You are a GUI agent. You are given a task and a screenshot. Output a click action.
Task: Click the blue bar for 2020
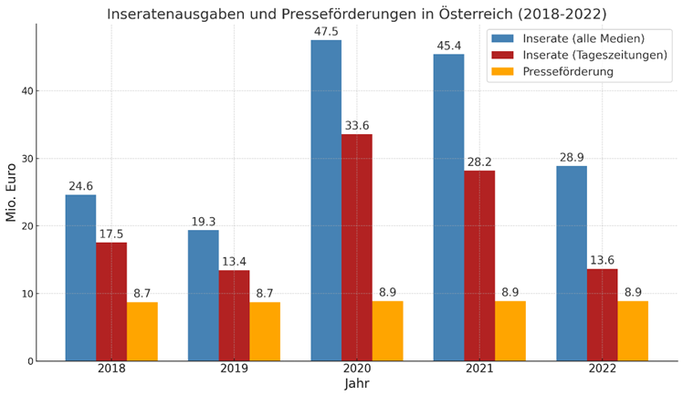coord(326,201)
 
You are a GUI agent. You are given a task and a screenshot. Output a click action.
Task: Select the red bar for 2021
coord(479,266)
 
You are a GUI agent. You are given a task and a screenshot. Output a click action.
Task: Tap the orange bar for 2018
coord(142,331)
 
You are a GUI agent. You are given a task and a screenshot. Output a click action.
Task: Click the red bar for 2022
coord(602,315)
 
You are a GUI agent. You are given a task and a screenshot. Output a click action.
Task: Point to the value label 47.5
coord(326,32)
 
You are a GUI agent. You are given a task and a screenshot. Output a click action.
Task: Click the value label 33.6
coord(357,126)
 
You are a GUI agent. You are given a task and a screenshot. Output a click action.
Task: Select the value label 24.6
coord(80,187)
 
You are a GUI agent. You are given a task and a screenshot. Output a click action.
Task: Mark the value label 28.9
coord(572,158)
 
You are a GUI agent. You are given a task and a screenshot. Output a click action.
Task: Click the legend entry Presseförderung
coord(568,71)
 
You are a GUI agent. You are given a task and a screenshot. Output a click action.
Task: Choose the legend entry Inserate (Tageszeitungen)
coord(594,55)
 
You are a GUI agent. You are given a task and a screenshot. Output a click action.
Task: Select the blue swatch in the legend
coord(503,38)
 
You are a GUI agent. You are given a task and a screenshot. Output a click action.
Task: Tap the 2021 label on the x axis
coord(479,369)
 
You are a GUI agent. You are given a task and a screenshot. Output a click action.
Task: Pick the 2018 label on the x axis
coord(111,369)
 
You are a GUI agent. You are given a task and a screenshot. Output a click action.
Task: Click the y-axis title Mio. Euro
coord(12,193)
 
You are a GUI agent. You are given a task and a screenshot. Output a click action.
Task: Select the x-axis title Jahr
coord(357,384)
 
